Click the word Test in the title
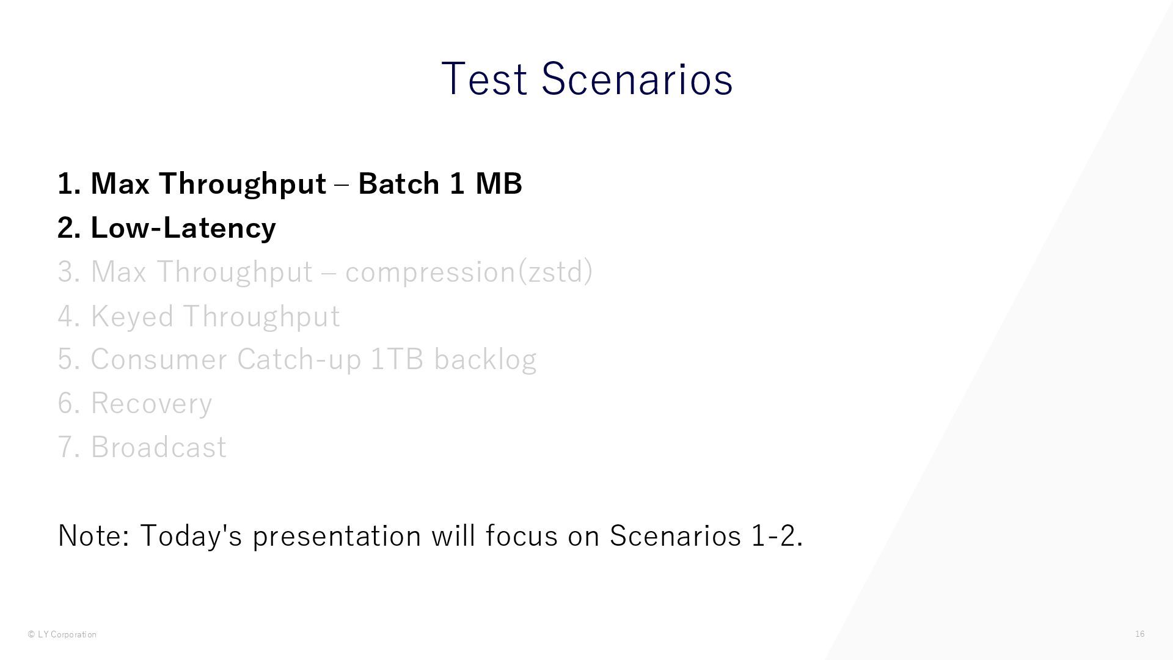pos(484,79)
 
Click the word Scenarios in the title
pos(637,79)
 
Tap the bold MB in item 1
pos(499,183)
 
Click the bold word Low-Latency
pos(183,229)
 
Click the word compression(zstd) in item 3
pos(469,272)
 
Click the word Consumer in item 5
pos(159,359)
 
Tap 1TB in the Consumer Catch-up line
pos(397,359)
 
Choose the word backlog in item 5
pos(485,359)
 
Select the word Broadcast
pos(158,447)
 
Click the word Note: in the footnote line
pos(93,536)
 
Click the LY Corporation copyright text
pos(62,634)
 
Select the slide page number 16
pos(1140,634)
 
